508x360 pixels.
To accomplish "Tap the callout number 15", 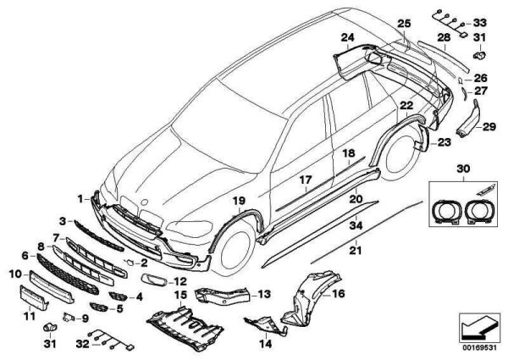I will tap(179, 295).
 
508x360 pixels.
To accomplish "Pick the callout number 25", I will tap(403, 23).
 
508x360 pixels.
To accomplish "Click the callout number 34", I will tap(356, 226).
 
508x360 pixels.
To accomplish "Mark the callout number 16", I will tap(339, 296).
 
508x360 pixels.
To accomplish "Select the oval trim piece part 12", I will tap(156, 280).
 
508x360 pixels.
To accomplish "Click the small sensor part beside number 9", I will tap(60, 324).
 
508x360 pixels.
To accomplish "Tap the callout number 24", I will tap(348, 37).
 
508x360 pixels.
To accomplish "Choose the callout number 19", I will tap(239, 201).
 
